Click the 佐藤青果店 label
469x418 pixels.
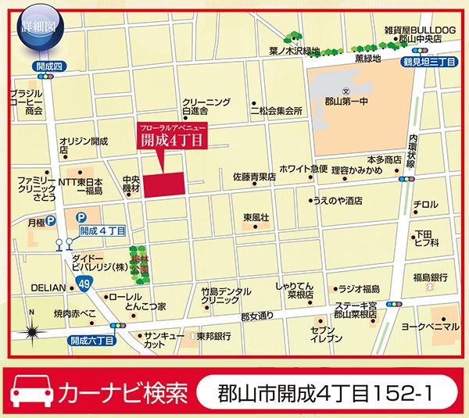254,177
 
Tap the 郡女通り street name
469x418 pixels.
257,316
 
